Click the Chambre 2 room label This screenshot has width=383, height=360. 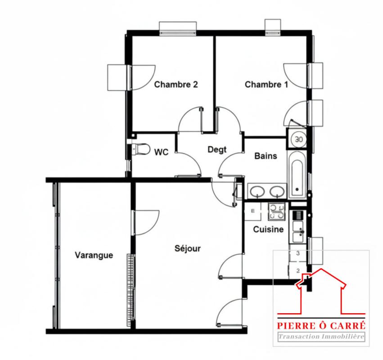coord(176,85)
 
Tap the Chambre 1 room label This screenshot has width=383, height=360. coord(266,85)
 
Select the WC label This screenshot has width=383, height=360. coord(162,152)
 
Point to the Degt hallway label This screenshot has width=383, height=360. coord(217,149)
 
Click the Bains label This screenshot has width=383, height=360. coord(266,156)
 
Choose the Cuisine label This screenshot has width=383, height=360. coord(268,229)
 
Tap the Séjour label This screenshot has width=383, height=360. coord(188,249)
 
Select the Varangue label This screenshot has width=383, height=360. coord(94,255)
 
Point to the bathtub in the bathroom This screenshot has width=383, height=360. coord(297,175)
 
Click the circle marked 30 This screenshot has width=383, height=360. coord(299,139)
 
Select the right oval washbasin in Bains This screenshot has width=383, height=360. coord(277,192)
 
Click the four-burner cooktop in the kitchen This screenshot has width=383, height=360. coord(277,211)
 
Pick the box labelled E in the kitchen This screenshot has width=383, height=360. coord(253,211)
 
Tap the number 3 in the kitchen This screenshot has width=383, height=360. coord(298,253)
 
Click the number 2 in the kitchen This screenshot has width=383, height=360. coord(298,270)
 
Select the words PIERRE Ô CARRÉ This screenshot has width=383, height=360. coord(321,325)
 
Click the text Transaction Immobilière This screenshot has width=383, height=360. coord(321,337)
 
